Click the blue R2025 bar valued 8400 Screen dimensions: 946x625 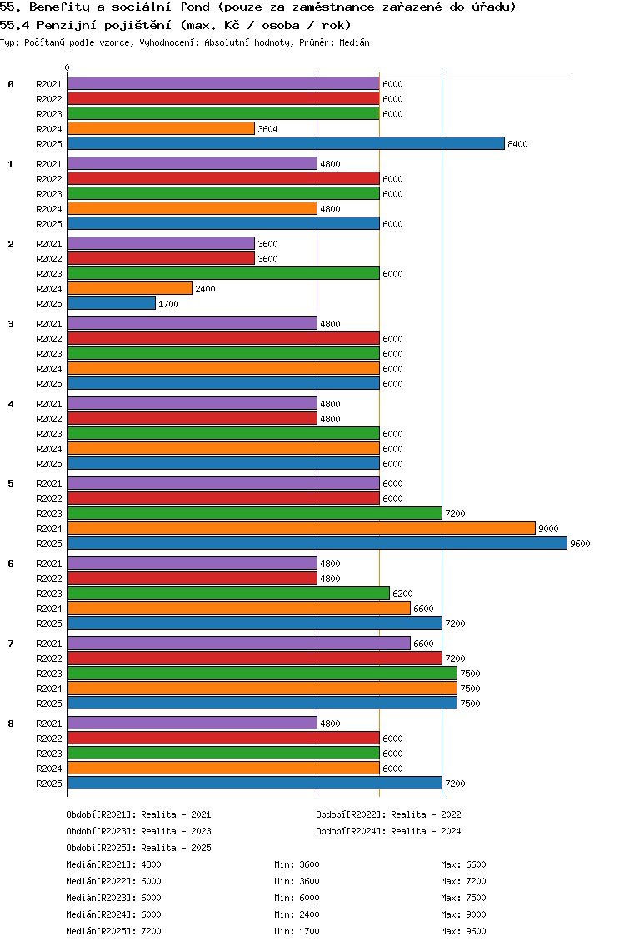(x=286, y=144)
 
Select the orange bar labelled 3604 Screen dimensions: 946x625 (x=161, y=129)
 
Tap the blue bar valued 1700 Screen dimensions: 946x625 (x=112, y=304)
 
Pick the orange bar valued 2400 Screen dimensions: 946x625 (x=130, y=289)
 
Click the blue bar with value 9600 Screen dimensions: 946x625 (x=317, y=544)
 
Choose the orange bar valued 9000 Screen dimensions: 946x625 (x=301, y=529)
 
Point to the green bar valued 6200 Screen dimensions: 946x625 (x=228, y=594)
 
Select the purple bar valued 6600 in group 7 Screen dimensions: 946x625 (x=239, y=644)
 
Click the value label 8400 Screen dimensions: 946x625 (x=517, y=145)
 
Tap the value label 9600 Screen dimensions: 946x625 (x=580, y=545)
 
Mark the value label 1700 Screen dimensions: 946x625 (x=168, y=305)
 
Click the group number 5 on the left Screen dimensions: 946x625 (x=11, y=484)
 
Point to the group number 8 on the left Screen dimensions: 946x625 (x=11, y=724)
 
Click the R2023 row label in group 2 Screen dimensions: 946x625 (x=49, y=274)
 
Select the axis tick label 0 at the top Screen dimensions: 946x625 (x=67, y=68)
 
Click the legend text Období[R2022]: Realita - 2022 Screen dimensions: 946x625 (x=388, y=814)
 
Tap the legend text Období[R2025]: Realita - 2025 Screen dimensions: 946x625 (x=138, y=848)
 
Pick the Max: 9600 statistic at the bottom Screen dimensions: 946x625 (x=463, y=931)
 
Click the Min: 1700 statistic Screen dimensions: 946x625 (x=297, y=931)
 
